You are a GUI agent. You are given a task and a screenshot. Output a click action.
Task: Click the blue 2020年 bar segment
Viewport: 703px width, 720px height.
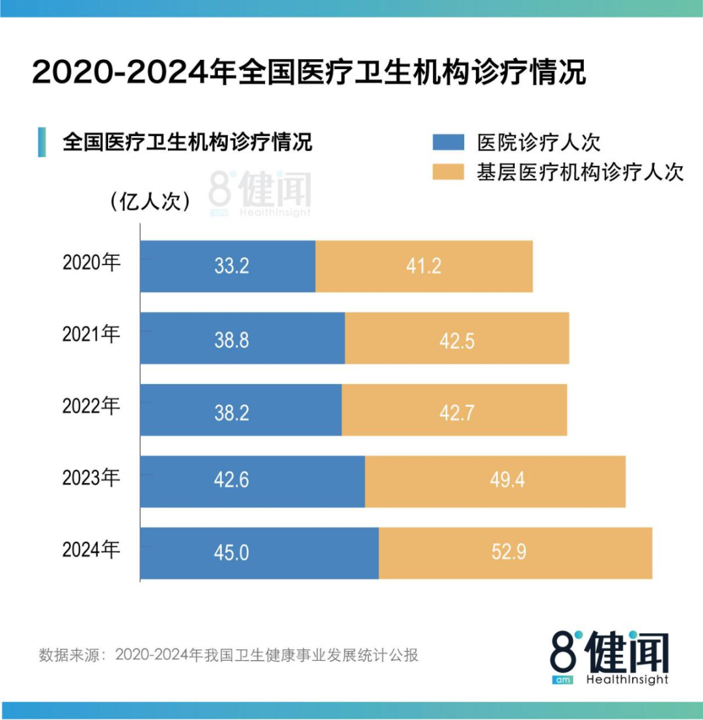pyautogui.click(x=228, y=266)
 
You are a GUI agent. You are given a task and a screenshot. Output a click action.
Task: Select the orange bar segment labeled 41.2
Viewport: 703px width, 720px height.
pyautogui.click(x=424, y=266)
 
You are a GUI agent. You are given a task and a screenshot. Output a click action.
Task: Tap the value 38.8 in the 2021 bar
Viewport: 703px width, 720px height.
pyautogui.click(x=232, y=339)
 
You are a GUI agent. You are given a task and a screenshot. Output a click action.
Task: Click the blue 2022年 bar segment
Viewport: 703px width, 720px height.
pyautogui.click(x=241, y=410)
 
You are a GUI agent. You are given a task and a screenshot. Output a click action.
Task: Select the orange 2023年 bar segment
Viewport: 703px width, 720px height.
pyautogui.click(x=495, y=482)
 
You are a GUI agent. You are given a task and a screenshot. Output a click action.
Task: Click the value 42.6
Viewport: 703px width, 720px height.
pyautogui.click(x=232, y=482)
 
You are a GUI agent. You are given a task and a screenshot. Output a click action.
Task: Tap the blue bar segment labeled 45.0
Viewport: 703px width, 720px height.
pyautogui.click(x=259, y=553)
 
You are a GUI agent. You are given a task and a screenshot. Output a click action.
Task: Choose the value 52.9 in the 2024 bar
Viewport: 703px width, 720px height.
pyautogui.click(x=509, y=553)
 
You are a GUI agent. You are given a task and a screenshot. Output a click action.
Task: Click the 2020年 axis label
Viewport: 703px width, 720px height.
pyautogui.click(x=92, y=264)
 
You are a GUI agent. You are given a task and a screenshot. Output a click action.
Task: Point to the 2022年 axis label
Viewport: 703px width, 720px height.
pyautogui.click(x=92, y=407)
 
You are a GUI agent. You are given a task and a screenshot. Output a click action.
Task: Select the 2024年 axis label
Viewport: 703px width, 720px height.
pyautogui.click(x=92, y=550)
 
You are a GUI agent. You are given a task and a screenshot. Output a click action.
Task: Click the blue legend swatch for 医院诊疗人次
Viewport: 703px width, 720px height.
pyautogui.click(x=448, y=143)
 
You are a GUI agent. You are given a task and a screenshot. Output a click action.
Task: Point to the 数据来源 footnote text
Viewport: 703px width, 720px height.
pyautogui.click(x=228, y=655)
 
